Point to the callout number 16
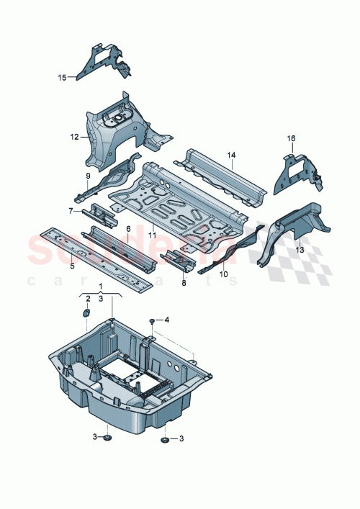[291, 138]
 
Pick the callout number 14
[232, 155]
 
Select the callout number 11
[152, 235]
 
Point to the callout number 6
[128, 228]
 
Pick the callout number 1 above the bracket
[101, 287]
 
